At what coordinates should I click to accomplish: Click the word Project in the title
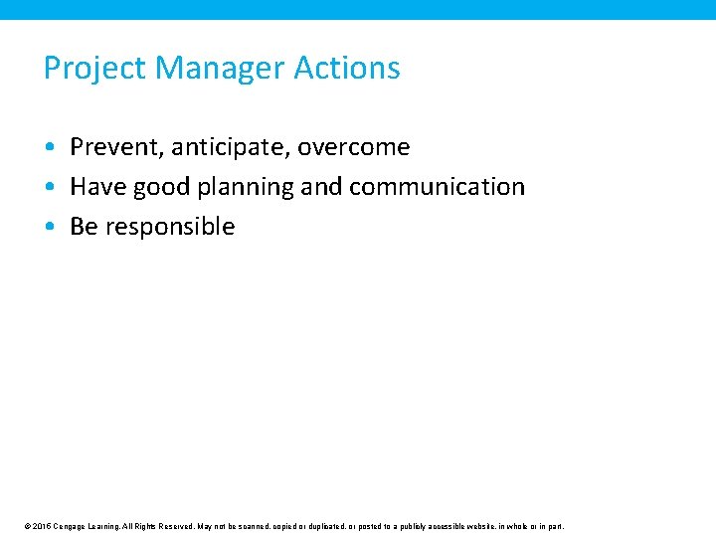click(x=95, y=69)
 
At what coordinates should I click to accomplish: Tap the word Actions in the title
click(x=348, y=68)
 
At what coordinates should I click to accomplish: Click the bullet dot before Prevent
click(x=49, y=147)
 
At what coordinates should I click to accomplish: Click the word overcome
click(x=353, y=147)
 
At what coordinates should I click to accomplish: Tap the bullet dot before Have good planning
click(x=49, y=187)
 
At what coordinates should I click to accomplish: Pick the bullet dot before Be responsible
click(x=49, y=227)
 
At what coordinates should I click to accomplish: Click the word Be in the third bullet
click(x=84, y=227)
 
